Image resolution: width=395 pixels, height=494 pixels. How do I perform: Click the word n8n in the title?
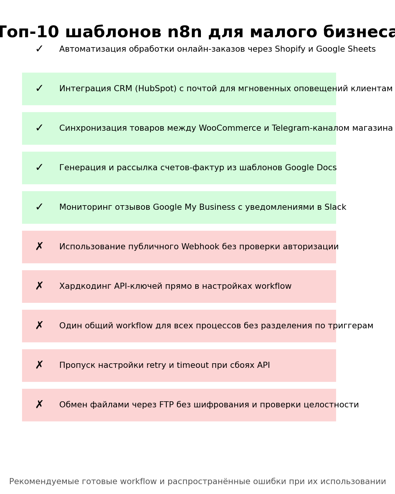pos(185,32)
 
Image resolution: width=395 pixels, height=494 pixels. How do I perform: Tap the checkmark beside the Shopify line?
pos(39,49)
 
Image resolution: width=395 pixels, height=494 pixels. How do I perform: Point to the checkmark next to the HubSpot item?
pos(39,89)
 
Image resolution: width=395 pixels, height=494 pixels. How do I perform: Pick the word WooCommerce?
pos(230,128)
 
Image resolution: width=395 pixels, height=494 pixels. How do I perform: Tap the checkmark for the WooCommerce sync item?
pos(39,128)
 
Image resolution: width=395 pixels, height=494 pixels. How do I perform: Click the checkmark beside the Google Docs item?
pos(39,168)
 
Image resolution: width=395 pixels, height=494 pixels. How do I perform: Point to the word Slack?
pos(335,207)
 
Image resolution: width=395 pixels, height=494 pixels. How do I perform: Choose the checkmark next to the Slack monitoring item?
pos(39,207)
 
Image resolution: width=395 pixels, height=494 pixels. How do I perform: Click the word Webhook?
pos(200,247)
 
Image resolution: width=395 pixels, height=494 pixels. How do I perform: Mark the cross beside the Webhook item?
pos(39,247)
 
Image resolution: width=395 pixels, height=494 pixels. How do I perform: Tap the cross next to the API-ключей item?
pos(39,287)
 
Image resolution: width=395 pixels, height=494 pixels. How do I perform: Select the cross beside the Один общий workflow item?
pos(39,326)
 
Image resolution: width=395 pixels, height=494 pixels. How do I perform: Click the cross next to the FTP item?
pos(39,405)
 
